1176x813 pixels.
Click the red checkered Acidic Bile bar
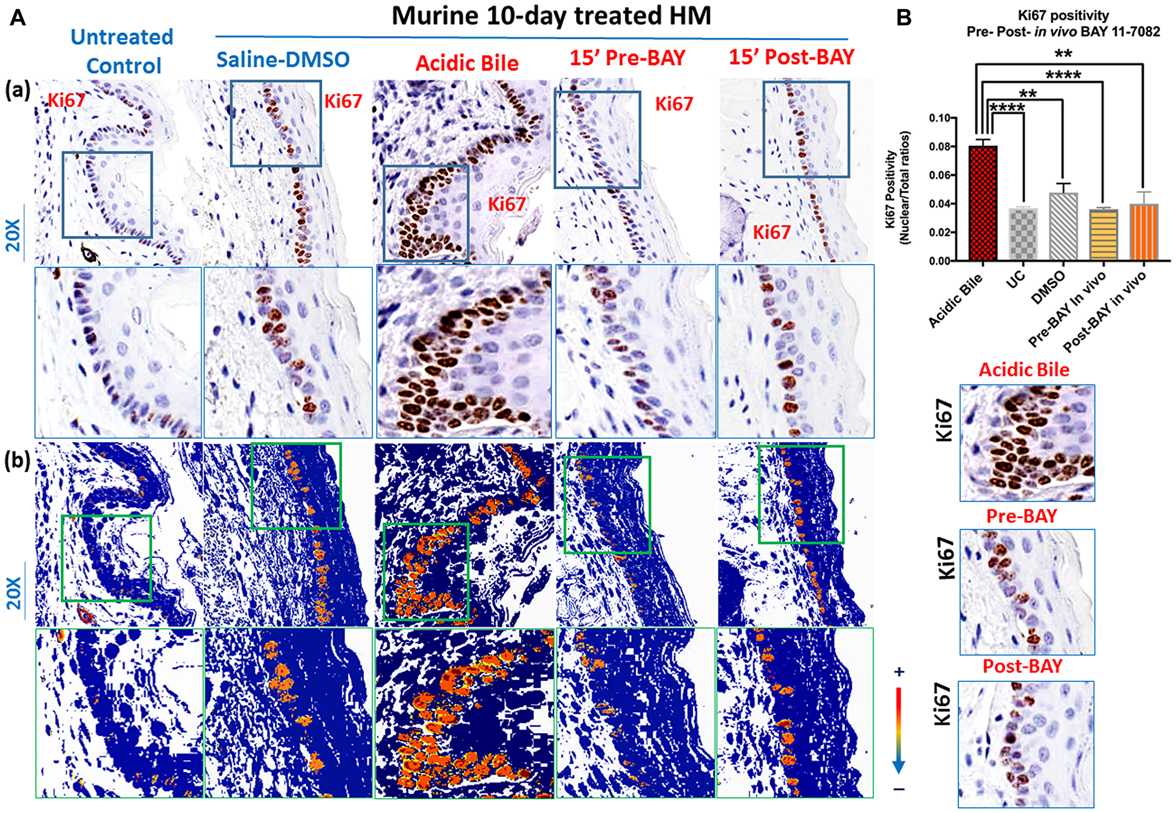[983, 203]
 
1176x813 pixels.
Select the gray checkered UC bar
[1023, 234]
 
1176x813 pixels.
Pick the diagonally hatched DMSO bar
[1063, 226]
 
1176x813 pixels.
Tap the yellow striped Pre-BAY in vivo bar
[1103, 235]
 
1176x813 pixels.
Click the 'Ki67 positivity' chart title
[1063, 15]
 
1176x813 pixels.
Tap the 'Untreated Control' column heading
[122, 51]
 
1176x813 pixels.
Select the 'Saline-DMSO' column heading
[283, 59]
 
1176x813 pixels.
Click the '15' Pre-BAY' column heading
[627, 58]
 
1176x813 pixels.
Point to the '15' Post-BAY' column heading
[791, 57]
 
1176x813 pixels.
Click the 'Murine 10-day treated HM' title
[551, 16]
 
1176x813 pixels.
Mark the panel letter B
[903, 18]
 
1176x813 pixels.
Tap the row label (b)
[17, 460]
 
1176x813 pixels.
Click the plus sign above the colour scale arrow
[898, 672]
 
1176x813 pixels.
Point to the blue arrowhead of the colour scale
[898, 767]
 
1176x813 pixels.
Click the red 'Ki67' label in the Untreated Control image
[66, 100]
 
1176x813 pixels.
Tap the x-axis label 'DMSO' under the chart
[1048, 288]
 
